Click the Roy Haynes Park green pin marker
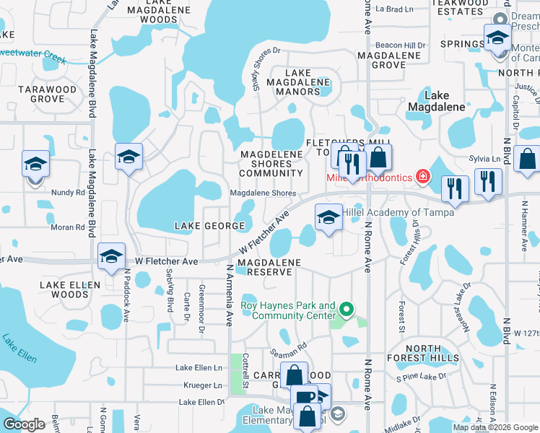pyautogui.click(x=347, y=310)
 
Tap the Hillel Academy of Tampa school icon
pyautogui.click(x=328, y=217)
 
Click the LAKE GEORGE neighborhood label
pyautogui.click(x=210, y=226)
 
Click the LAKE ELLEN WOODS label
pyautogui.click(x=70, y=289)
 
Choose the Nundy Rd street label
pyautogui.click(x=69, y=193)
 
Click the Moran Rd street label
pyautogui.click(x=69, y=227)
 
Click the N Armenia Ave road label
pyautogui.click(x=230, y=294)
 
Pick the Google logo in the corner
pyautogui.click(x=24, y=424)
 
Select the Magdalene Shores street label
pyautogui.click(x=263, y=193)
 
